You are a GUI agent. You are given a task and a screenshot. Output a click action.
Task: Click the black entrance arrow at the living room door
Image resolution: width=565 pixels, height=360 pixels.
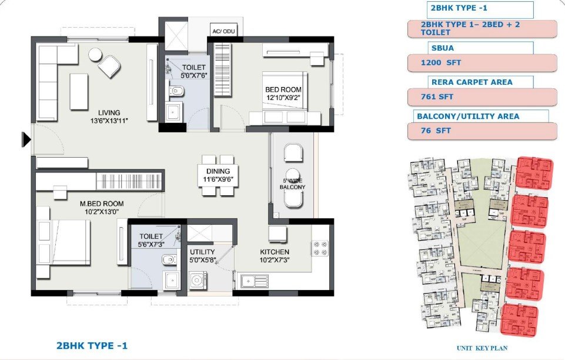click(26, 139)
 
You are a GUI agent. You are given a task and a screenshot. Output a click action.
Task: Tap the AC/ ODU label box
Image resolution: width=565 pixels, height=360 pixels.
click(223, 31)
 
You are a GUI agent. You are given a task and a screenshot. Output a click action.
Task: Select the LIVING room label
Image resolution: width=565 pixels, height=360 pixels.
click(109, 113)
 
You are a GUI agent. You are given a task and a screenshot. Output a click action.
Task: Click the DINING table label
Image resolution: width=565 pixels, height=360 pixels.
click(218, 171)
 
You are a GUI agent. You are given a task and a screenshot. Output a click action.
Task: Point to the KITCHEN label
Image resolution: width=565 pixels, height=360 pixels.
click(275, 252)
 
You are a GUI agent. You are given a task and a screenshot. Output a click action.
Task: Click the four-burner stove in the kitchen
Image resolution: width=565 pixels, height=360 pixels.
click(320, 248)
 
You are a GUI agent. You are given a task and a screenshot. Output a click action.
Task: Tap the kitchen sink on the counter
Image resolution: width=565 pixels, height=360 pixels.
click(255, 281)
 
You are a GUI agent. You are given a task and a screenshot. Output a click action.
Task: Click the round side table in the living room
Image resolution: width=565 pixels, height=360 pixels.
click(96, 55)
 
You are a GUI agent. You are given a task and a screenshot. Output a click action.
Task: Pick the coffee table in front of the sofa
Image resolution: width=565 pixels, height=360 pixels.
click(79, 92)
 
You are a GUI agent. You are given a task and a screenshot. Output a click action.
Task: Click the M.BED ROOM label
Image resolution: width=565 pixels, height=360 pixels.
click(102, 204)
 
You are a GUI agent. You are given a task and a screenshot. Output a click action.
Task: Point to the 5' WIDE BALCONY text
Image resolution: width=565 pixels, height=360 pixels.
click(293, 184)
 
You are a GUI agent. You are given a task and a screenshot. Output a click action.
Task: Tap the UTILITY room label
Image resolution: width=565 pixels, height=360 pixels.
click(202, 252)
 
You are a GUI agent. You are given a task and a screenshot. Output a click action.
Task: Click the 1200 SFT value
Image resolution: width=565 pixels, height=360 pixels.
click(441, 62)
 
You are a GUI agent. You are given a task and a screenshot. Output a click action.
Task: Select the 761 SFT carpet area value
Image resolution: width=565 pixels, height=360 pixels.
click(437, 96)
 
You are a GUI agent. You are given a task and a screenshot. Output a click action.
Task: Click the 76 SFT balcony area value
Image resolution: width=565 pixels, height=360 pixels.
click(436, 131)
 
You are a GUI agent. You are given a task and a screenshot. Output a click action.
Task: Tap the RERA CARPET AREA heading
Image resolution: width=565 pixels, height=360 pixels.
click(472, 82)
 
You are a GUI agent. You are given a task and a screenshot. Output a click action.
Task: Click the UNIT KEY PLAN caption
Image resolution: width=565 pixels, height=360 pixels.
click(482, 348)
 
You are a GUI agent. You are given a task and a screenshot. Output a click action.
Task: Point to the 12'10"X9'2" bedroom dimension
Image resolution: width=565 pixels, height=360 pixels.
click(283, 97)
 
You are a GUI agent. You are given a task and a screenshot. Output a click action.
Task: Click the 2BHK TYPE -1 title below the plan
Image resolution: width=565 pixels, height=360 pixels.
click(92, 345)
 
